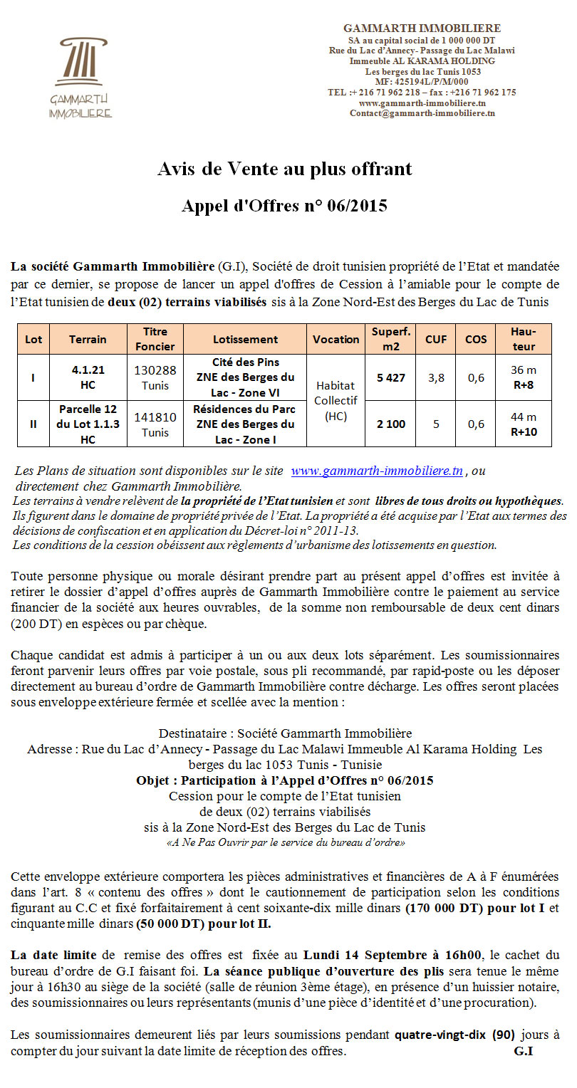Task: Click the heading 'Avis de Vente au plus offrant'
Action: pyautogui.click(x=284, y=169)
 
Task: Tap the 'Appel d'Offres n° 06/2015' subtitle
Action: pyautogui.click(x=284, y=206)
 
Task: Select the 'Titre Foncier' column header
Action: pyautogui.click(x=155, y=339)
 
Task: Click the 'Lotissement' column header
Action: pyautogui.click(x=245, y=340)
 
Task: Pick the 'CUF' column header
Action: pyautogui.click(x=436, y=340)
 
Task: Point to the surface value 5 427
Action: pyautogui.click(x=391, y=377)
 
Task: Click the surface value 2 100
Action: pyautogui.click(x=391, y=424)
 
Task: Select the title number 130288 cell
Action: pyautogui.click(x=155, y=377)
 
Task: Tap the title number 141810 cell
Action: pyautogui.click(x=155, y=424)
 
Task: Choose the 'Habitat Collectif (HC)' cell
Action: pyautogui.click(x=336, y=401)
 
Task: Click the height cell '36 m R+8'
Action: pyautogui.click(x=524, y=377)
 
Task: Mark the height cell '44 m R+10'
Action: pyautogui.click(x=524, y=424)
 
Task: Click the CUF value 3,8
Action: pyautogui.click(x=436, y=377)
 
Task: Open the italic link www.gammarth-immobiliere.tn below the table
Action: pyautogui.click(x=378, y=471)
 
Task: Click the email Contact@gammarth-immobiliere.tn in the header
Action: pyautogui.click(x=422, y=113)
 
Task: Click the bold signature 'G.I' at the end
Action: pyautogui.click(x=524, y=1052)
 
